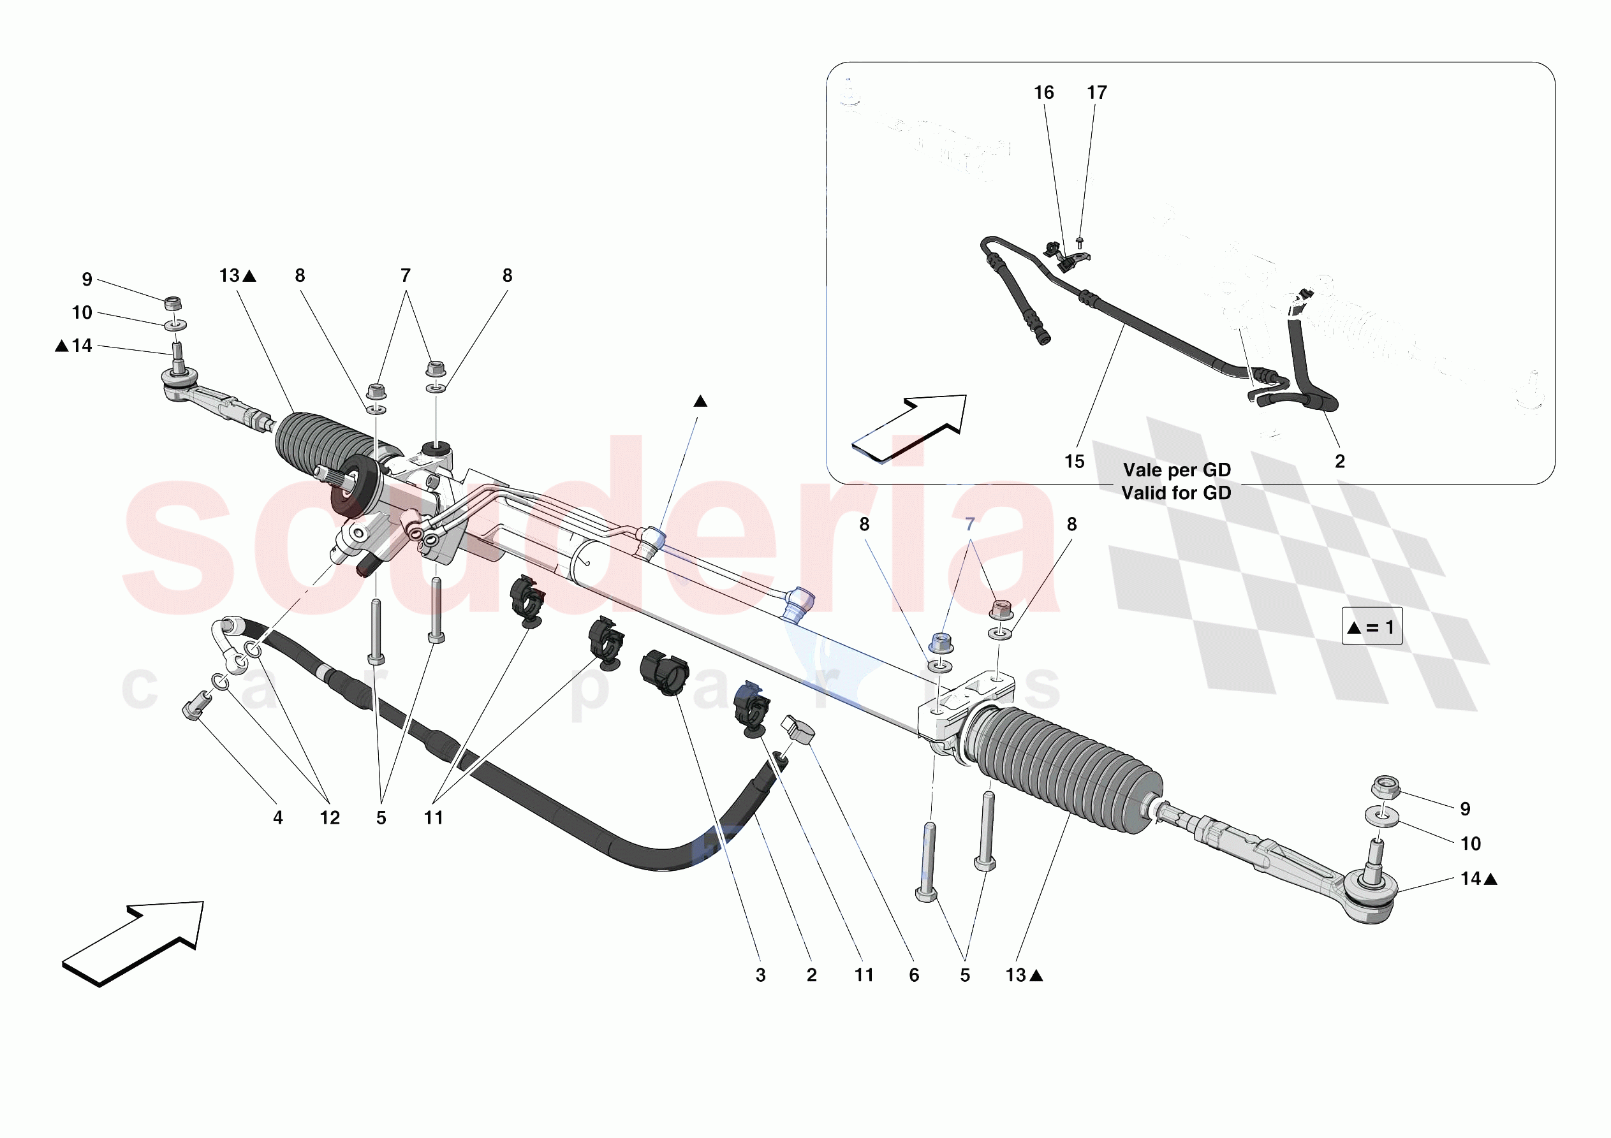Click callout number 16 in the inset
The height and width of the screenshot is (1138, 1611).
point(1043,92)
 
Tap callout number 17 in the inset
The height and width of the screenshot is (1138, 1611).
point(1097,92)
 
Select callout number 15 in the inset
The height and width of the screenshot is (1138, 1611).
point(1074,462)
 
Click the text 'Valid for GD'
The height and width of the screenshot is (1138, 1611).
point(1176,493)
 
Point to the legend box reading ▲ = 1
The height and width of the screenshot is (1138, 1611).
point(1372,626)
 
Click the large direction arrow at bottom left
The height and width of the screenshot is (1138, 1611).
point(133,944)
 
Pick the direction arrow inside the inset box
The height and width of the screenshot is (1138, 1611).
point(909,428)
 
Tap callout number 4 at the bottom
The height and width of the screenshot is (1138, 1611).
point(278,817)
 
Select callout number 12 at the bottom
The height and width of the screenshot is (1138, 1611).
point(330,817)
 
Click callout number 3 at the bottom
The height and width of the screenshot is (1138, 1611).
point(761,975)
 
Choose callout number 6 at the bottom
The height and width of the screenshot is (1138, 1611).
point(913,975)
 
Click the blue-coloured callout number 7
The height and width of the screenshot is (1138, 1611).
point(969,524)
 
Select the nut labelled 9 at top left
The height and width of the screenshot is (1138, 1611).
point(173,304)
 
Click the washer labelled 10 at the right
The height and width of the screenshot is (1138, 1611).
point(1381,817)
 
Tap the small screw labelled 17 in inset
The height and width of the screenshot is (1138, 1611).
point(1079,243)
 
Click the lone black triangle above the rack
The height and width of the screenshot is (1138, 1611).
point(700,401)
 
